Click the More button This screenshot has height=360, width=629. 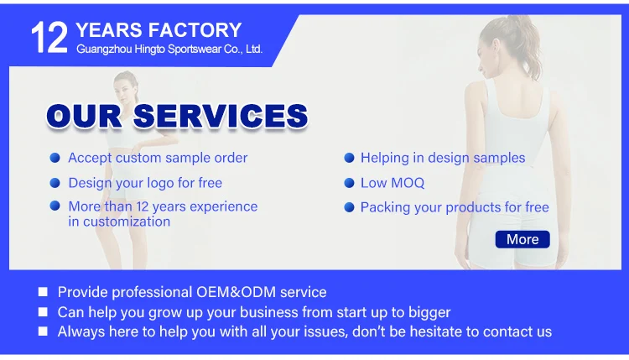click(522, 239)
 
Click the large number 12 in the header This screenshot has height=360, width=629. click(49, 38)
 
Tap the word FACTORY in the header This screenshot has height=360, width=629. click(195, 30)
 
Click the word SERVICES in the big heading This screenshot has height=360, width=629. click(221, 116)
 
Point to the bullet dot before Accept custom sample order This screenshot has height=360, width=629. click(55, 158)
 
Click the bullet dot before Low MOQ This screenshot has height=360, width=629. click(350, 183)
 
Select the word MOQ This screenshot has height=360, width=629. click(408, 183)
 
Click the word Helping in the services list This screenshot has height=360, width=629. click(385, 158)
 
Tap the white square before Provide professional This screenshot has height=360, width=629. click(43, 292)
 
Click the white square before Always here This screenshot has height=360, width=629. click(43, 331)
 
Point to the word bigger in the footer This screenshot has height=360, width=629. click(429, 313)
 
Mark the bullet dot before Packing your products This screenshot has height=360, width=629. click(350, 207)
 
